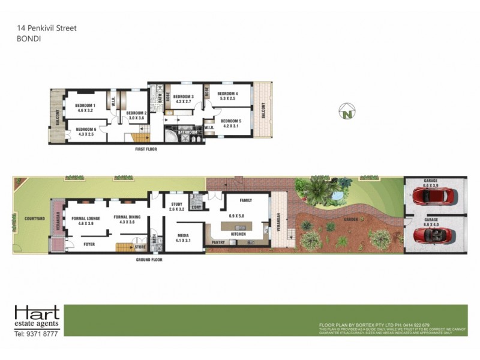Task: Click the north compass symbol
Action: (347, 111)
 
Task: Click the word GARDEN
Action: (351, 220)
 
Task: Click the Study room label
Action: (176, 205)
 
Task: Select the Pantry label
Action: (217, 242)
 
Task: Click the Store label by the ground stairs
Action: (140, 246)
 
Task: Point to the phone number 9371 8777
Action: (36, 334)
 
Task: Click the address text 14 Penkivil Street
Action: (46, 28)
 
